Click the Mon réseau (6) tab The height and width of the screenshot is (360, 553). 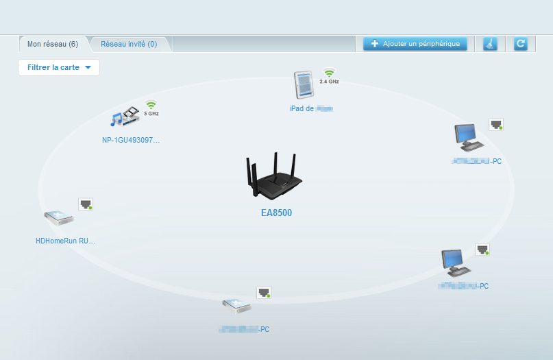(x=53, y=44)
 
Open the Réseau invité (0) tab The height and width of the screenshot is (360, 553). (x=129, y=44)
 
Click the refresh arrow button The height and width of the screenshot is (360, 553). (x=520, y=44)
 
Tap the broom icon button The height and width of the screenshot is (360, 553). (x=490, y=44)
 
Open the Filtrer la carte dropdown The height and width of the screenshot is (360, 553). (x=59, y=67)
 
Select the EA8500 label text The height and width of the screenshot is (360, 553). (x=276, y=213)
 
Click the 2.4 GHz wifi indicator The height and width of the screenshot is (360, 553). (x=329, y=75)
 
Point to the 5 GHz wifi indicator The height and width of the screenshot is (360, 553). (x=151, y=108)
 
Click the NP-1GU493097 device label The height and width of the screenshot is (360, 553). (x=131, y=140)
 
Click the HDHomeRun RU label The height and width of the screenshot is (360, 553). (x=65, y=241)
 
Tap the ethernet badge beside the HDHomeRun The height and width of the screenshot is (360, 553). (x=86, y=204)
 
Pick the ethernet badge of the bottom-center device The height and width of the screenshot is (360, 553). (x=265, y=293)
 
